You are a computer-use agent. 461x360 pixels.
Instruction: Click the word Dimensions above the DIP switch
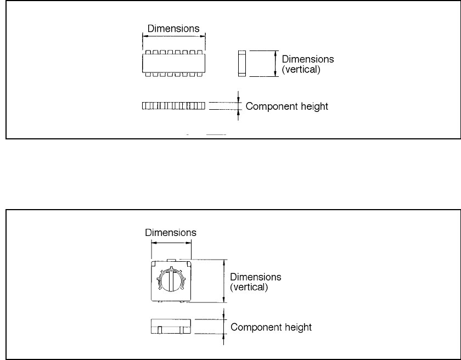tap(173, 28)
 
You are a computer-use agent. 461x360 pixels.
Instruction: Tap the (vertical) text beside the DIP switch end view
tap(300, 70)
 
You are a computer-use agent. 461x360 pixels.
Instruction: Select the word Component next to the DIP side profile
tap(267, 106)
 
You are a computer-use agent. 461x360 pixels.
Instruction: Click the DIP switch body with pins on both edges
tap(173, 63)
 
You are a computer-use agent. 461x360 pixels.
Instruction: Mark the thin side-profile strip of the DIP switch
tap(173, 105)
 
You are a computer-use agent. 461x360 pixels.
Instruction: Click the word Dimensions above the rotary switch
tap(171, 233)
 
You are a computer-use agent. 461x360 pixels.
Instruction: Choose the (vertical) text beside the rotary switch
tap(249, 286)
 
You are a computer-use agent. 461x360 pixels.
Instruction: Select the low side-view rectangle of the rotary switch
tap(171, 327)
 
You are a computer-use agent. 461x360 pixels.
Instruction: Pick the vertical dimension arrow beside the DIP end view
tap(275, 63)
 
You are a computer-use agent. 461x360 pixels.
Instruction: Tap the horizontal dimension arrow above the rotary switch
tap(171, 241)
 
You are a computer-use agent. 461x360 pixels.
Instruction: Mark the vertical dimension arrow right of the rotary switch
tap(223, 280)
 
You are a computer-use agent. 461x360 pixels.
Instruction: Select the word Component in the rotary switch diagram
tap(251, 328)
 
